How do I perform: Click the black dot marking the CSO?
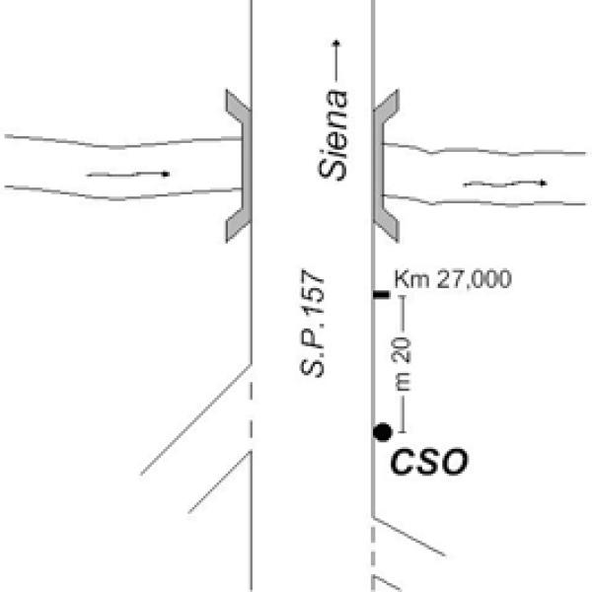coord(383,431)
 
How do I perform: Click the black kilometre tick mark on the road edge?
coord(381,295)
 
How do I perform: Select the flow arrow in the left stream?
coord(128,174)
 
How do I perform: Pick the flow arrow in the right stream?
coord(505,184)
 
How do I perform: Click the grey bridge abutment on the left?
coord(238,164)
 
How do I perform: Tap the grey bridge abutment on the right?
coord(385,164)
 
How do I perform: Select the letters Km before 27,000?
coord(407,279)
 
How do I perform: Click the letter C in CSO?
coord(401,462)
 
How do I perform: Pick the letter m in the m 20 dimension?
coord(403,380)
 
